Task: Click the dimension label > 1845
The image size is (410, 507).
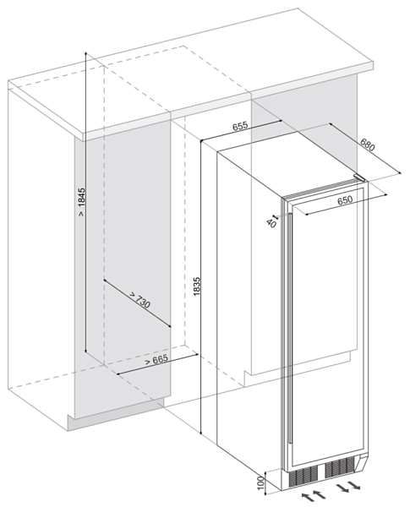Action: click(81, 202)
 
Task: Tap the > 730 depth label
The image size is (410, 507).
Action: click(140, 300)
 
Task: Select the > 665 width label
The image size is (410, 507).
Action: click(156, 360)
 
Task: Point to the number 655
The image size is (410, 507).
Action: click(240, 126)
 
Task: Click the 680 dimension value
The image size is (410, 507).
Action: click(368, 144)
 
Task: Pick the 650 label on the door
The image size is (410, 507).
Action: click(345, 200)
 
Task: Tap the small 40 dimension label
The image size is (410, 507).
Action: click(271, 223)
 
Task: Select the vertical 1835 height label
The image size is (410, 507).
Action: click(197, 286)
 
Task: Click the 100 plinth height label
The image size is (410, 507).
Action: click(261, 482)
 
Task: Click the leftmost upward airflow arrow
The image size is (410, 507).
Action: click(307, 498)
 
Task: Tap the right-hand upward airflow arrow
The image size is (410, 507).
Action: click(319, 494)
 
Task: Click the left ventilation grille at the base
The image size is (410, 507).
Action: click(303, 475)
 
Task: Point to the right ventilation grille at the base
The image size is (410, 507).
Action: click(340, 467)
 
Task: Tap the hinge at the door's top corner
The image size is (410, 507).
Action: click(359, 177)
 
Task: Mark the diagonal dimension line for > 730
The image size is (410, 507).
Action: click(137, 303)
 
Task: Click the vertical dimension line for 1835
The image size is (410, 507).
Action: click(201, 287)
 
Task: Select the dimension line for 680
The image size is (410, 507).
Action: click(365, 149)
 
